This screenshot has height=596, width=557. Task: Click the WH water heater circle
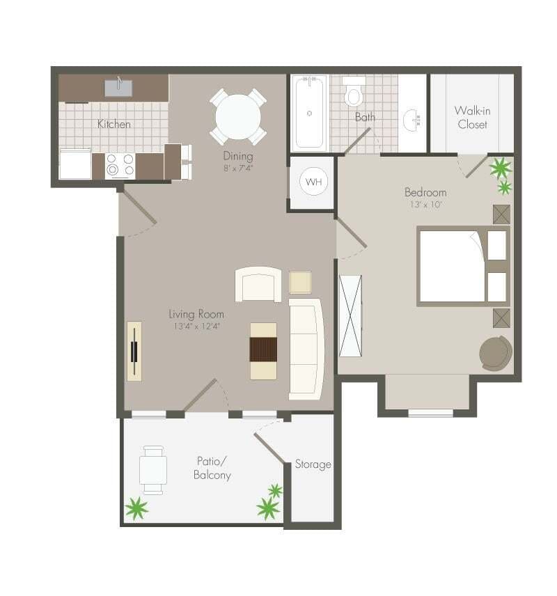pyautogui.click(x=314, y=182)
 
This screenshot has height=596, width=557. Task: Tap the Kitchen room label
pyautogui.click(x=113, y=124)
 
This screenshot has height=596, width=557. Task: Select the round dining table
pyautogui.click(x=237, y=116)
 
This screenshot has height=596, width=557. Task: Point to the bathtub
pyautogui.click(x=308, y=113)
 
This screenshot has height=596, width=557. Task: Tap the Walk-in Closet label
pyautogui.click(x=472, y=117)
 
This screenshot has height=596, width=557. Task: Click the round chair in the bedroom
pyautogui.click(x=496, y=352)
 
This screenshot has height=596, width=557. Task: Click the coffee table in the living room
pyautogui.click(x=263, y=351)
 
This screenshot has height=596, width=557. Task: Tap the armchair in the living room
pyautogui.click(x=258, y=284)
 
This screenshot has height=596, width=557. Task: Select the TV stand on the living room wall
pyautogui.click(x=134, y=351)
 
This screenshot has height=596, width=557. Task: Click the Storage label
pyautogui.click(x=313, y=464)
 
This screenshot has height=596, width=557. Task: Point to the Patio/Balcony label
pyautogui.click(x=212, y=468)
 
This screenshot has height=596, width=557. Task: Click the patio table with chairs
pyautogui.click(x=152, y=469)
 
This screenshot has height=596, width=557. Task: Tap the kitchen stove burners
pyautogui.click(x=120, y=166)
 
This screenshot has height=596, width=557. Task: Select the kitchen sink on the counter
pyautogui.click(x=118, y=88)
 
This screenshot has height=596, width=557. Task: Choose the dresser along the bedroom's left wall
pyautogui.click(x=350, y=315)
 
